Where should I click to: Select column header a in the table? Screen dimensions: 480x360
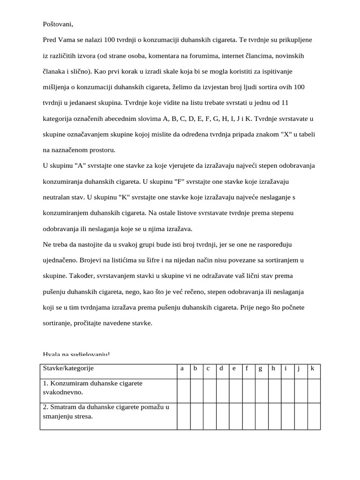[182, 368]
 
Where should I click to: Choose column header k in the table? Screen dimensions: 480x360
[313, 368]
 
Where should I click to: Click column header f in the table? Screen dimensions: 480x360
[247, 368]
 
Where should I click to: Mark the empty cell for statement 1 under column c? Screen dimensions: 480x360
[208, 389]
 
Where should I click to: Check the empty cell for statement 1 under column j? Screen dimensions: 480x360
[300, 389]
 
